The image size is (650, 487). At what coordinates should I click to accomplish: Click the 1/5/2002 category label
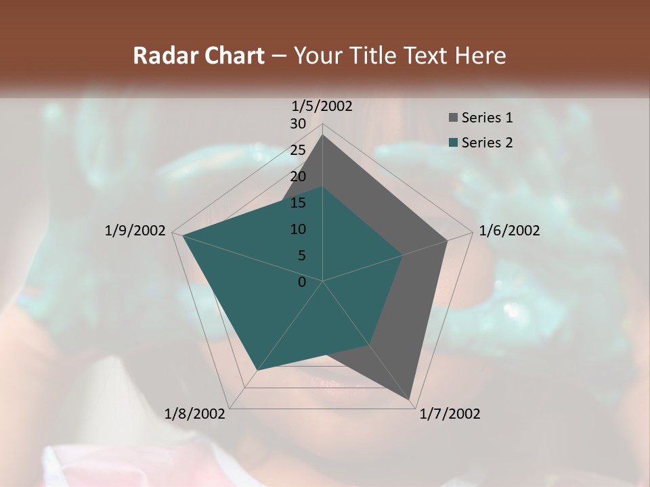tap(322, 106)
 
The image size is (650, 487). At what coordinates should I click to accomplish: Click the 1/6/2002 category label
tap(509, 231)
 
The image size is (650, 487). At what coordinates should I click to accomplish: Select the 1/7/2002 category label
tap(450, 414)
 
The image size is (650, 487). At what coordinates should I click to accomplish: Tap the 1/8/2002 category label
tap(195, 414)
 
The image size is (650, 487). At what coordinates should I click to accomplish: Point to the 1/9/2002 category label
tap(135, 231)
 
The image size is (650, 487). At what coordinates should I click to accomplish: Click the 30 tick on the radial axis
tap(298, 124)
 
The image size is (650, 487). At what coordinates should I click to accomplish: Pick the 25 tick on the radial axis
tap(298, 150)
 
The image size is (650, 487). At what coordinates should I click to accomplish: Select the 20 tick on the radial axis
tap(298, 177)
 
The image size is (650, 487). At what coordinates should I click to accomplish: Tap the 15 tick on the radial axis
tap(298, 203)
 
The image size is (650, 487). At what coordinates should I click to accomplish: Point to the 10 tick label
tap(298, 229)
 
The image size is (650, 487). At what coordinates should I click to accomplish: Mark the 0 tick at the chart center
tap(302, 282)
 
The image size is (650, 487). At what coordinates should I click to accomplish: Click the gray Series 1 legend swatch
tap(453, 118)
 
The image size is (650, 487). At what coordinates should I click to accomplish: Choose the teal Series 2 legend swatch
tap(453, 143)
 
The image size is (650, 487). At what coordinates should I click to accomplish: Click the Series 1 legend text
tap(487, 118)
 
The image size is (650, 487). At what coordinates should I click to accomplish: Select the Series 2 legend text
tap(487, 143)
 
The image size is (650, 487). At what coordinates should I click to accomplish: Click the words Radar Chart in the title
tap(198, 56)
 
